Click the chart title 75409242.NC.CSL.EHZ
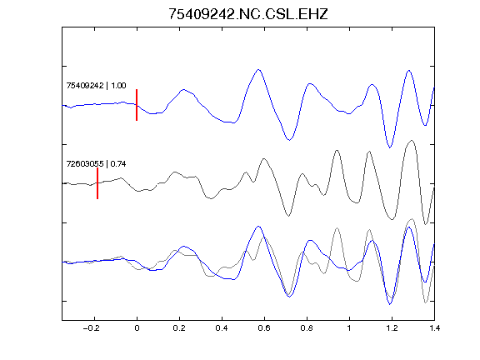click(x=248, y=14)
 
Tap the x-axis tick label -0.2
click(x=92, y=328)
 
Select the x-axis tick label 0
click(x=137, y=328)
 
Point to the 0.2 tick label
click(x=179, y=328)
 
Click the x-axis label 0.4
click(x=222, y=328)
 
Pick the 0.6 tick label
click(x=264, y=328)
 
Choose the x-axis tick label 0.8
click(x=307, y=328)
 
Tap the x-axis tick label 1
click(x=349, y=328)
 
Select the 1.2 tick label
click(x=392, y=328)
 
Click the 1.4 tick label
click(x=434, y=328)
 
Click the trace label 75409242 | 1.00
click(x=96, y=85)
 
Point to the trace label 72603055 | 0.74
click(x=96, y=164)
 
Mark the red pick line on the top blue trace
click(x=137, y=105)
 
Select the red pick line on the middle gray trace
click(x=97, y=183)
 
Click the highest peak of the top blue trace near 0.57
click(x=258, y=70)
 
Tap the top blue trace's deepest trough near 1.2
click(x=390, y=147)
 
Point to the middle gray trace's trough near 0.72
click(x=288, y=216)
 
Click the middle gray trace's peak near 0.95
click(x=337, y=150)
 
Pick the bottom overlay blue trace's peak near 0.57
click(x=258, y=227)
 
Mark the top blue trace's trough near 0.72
click(x=289, y=140)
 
